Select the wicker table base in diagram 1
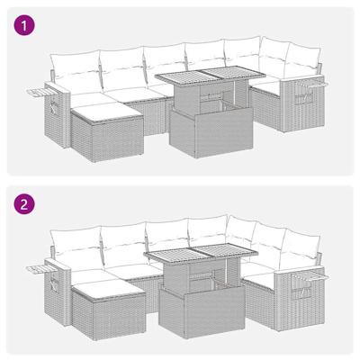coord(202,135)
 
